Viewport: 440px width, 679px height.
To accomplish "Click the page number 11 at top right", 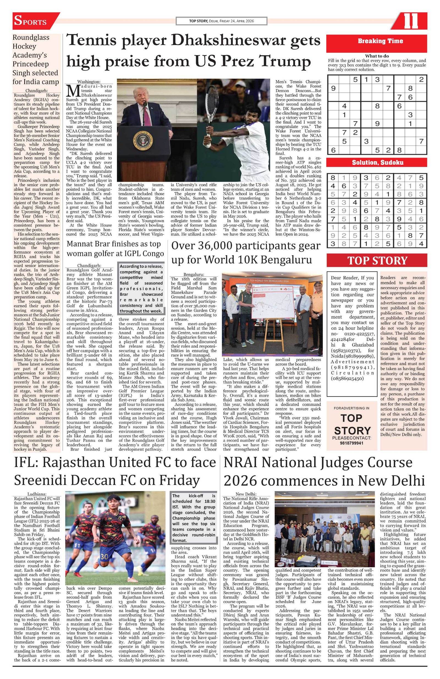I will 411,21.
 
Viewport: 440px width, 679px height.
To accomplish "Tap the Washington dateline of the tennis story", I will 89,82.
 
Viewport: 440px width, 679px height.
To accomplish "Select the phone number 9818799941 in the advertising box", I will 352,443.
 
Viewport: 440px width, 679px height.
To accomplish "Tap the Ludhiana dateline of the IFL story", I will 37,494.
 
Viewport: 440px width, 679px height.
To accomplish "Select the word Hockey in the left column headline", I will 24,46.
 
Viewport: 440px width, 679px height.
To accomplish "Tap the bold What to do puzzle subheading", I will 377,56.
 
